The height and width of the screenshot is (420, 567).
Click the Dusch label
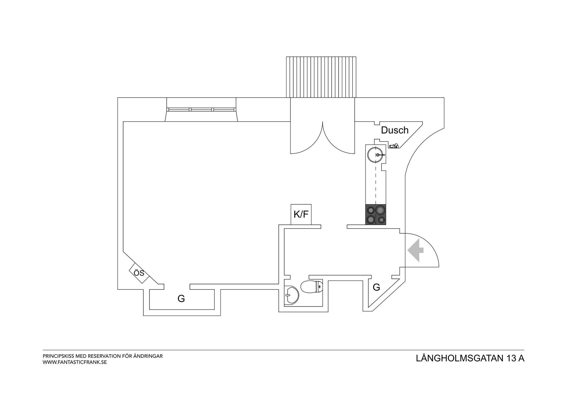pyautogui.click(x=395, y=130)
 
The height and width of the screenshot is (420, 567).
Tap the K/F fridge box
pyautogui.click(x=301, y=215)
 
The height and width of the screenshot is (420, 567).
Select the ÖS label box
pyautogui.click(x=139, y=273)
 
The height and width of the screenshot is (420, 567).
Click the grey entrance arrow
pyautogui.click(x=415, y=250)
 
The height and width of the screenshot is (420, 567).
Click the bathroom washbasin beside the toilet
pyautogui.click(x=291, y=295)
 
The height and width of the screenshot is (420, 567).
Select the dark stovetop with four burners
pyautogui.click(x=376, y=215)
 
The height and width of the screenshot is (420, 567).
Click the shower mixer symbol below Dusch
pyautogui.click(x=394, y=146)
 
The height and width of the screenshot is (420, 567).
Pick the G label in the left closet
pyautogui.click(x=181, y=298)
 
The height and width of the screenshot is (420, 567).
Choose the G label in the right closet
pyautogui.click(x=376, y=287)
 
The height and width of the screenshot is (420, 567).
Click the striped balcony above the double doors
pyautogui.click(x=321, y=77)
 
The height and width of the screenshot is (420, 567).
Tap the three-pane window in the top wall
pyautogui.click(x=201, y=110)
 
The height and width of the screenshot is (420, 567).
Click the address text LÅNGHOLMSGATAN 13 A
pyautogui.click(x=470, y=358)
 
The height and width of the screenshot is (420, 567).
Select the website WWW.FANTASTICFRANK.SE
pyautogui.click(x=75, y=362)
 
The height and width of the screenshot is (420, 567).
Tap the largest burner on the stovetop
pyautogui.click(x=380, y=210)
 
